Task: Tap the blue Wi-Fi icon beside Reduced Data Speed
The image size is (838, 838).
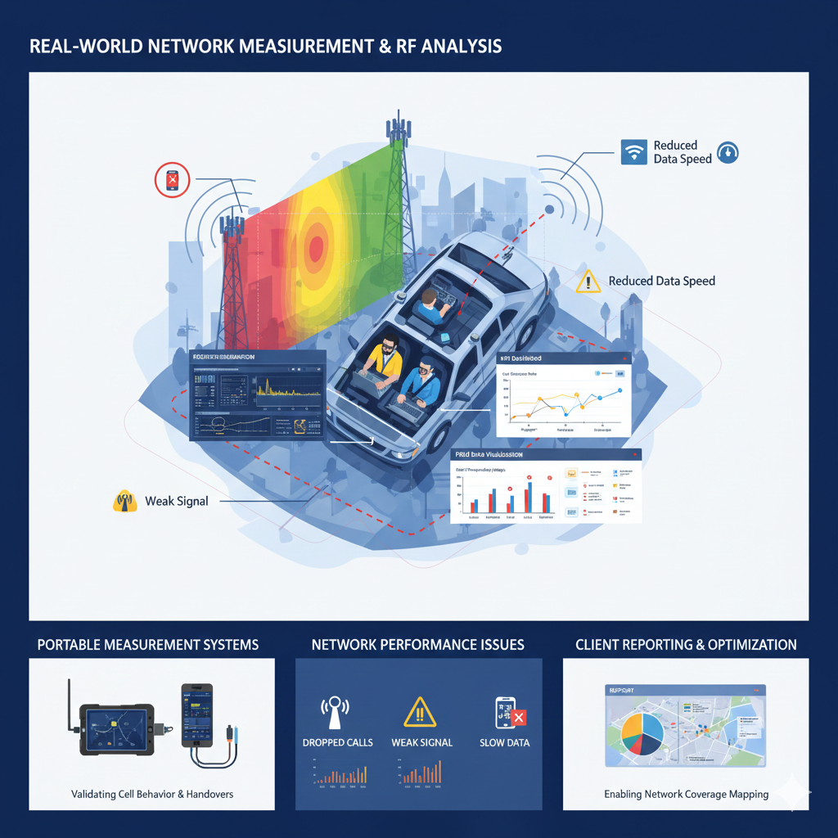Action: (633, 153)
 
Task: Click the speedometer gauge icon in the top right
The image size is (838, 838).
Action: (728, 152)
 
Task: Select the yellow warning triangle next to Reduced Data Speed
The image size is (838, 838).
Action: (588, 282)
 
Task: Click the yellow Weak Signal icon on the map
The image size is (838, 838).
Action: (124, 501)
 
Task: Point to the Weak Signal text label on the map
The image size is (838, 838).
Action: (176, 501)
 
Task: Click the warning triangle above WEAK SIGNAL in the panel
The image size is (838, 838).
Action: (420, 712)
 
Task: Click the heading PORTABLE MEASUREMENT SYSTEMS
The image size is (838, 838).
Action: (148, 645)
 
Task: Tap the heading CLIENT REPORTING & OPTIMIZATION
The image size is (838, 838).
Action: (686, 645)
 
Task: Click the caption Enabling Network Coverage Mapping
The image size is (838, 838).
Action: (686, 794)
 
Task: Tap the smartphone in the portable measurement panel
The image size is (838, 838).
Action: (196, 714)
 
